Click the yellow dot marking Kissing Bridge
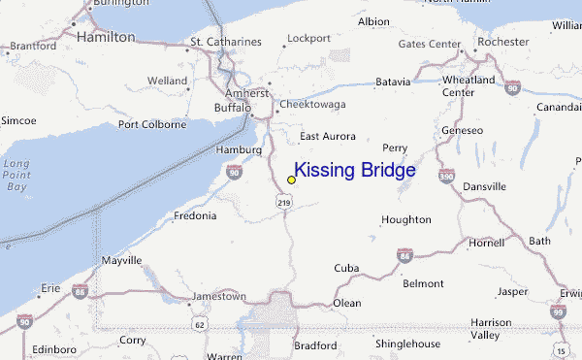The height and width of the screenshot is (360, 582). pos(291,180)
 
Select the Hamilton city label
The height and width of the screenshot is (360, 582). pos(105,37)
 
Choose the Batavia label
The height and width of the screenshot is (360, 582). pos(393,82)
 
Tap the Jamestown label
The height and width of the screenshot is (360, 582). pos(220,296)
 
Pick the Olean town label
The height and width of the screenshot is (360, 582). pos(347,303)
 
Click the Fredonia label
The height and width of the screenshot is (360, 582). pos(195,215)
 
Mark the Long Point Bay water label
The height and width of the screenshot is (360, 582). pos(16,175)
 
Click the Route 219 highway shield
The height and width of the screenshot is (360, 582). pos(282,202)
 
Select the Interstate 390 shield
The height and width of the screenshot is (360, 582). pos(445,177)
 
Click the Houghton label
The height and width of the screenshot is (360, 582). pos(405,219)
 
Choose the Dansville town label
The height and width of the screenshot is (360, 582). pos(484,185)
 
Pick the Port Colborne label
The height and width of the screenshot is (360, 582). pos(151,124)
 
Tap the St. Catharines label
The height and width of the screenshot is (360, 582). pos(226,42)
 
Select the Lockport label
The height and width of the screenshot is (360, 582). pos(309,39)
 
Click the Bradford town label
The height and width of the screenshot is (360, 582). pos(316,344)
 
